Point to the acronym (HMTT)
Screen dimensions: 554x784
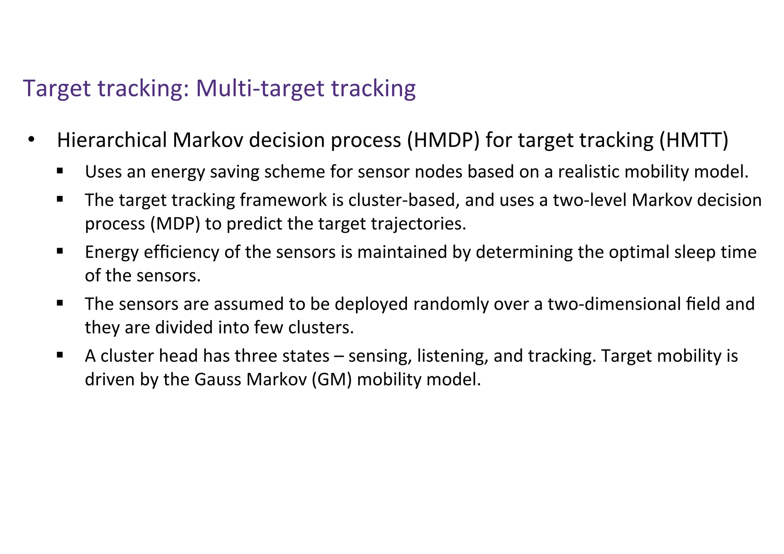coord(694,140)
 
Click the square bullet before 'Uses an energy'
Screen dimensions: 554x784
coord(60,171)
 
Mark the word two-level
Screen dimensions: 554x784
coord(590,200)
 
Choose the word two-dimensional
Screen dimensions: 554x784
coord(614,304)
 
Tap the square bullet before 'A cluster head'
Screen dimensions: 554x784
coord(60,355)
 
